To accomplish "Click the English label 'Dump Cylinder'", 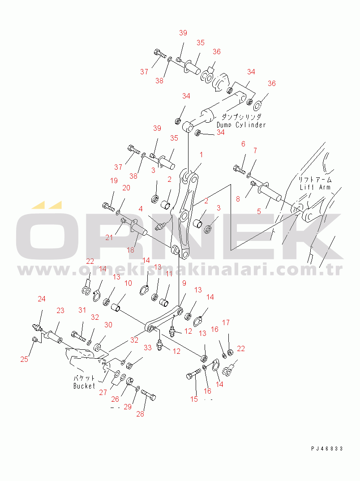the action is click(x=241, y=125).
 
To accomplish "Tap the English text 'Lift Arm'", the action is click(x=315, y=187).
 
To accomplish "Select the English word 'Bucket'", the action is click(x=84, y=386).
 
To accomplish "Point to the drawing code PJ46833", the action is click(x=327, y=448).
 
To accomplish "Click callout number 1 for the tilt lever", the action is click(x=201, y=155).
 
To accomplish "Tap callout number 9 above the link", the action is click(x=184, y=283).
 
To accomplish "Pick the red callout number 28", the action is click(x=140, y=414).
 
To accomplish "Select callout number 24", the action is click(x=41, y=299).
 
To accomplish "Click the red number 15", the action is click(x=194, y=399).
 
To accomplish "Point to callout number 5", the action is click(x=259, y=211).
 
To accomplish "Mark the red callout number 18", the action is click(x=130, y=250).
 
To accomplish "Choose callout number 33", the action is click(x=148, y=348).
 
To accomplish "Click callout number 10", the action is click(x=128, y=283).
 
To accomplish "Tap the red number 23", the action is click(x=60, y=310).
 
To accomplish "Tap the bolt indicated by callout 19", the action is click(x=108, y=206).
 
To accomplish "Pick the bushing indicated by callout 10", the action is click(x=117, y=307).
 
